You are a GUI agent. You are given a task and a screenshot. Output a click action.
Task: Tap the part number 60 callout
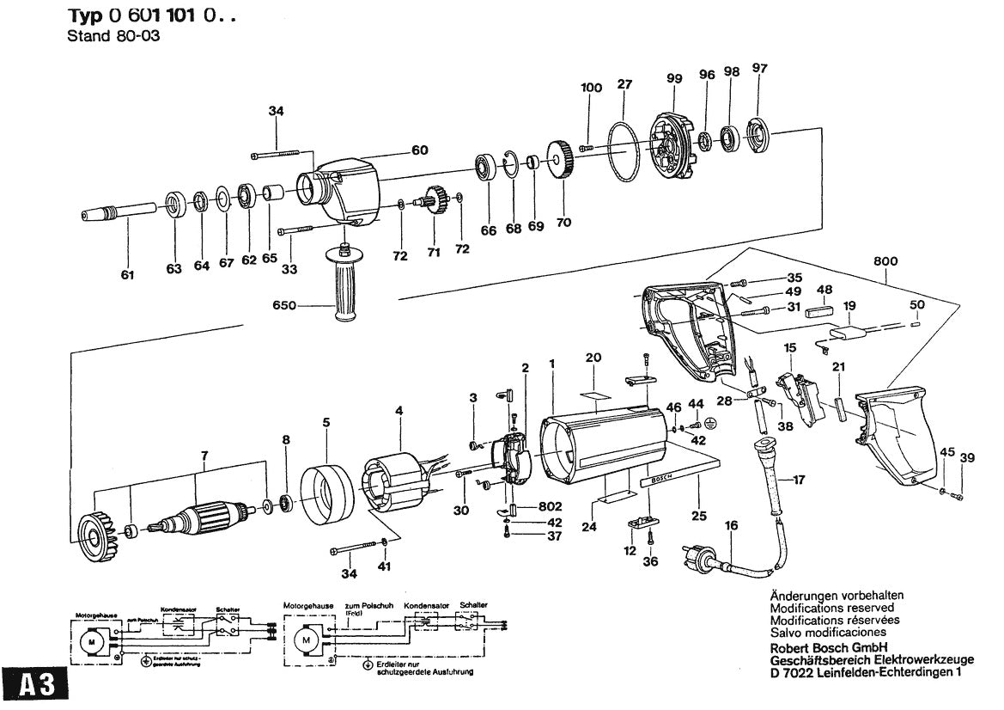pos(419,150)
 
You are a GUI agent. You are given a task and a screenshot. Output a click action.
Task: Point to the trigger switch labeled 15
pos(797,396)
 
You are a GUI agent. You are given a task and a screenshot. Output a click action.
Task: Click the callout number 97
pos(758,68)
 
